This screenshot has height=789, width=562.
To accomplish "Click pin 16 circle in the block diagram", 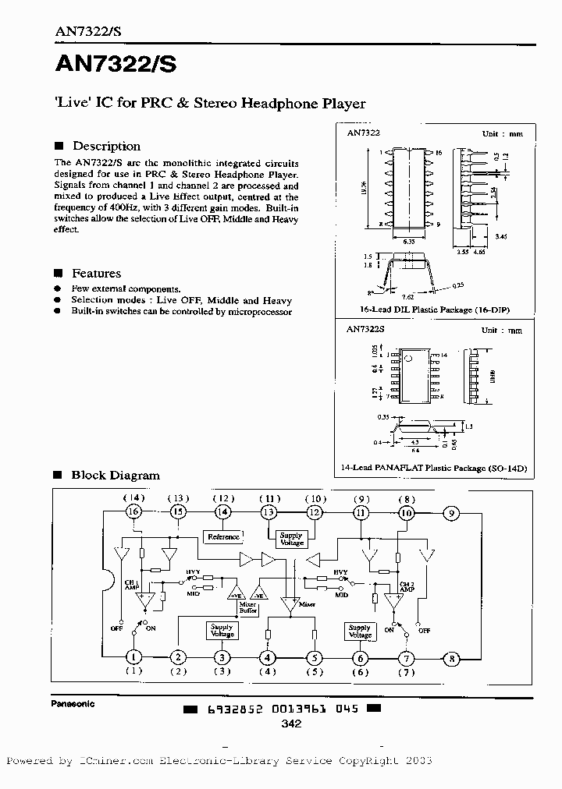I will click(x=133, y=511).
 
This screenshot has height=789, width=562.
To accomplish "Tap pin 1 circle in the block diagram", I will click(x=133, y=658).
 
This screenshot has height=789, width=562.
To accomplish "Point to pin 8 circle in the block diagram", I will click(x=450, y=658).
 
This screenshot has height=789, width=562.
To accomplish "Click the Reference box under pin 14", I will click(x=223, y=537).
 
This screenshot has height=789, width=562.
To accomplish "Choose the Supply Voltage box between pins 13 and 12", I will click(x=290, y=539).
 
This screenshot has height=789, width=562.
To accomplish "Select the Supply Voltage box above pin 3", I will click(x=222, y=630).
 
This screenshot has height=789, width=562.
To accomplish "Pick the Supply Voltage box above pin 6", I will click(x=360, y=631).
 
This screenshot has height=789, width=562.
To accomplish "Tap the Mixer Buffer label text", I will click(x=248, y=608).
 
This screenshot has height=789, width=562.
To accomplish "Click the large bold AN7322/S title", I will click(x=116, y=65).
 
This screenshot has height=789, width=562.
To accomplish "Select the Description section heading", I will click(x=106, y=146).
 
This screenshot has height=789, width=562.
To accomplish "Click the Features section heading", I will click(x=96, y=273).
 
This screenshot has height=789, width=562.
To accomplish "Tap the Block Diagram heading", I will click(x=116, y=475).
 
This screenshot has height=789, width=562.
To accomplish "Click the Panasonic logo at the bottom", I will click(x=73, y=703).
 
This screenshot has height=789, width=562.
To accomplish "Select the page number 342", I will click(x=290, y=724).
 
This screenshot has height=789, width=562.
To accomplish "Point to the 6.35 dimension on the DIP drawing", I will click(x=408, y=242).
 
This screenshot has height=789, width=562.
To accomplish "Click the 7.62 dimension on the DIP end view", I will click(x=407, y=296).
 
